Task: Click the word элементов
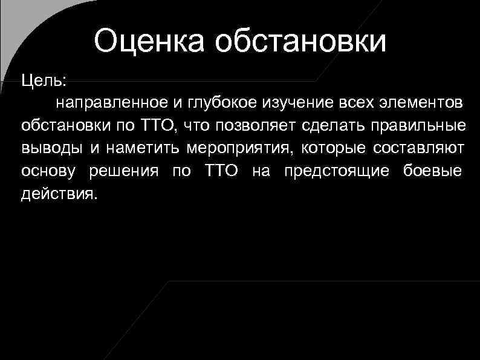(421, 103)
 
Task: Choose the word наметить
(144, 149)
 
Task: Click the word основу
(49, 171)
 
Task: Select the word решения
(125, 171)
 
